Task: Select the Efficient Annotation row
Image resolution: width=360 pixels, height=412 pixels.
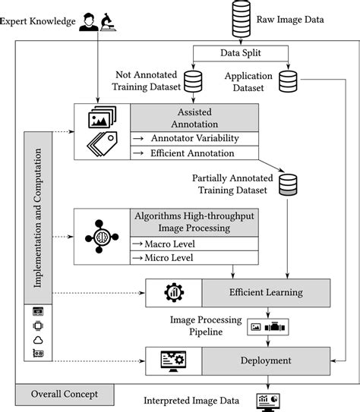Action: tap(194, 152)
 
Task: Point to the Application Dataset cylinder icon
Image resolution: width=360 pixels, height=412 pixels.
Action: tap(289, 80)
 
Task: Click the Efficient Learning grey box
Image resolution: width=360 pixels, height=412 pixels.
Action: tap(266, 291)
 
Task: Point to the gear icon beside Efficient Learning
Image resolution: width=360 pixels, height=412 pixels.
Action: tap(172, 292)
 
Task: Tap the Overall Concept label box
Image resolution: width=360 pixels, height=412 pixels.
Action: tap(64, 395)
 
